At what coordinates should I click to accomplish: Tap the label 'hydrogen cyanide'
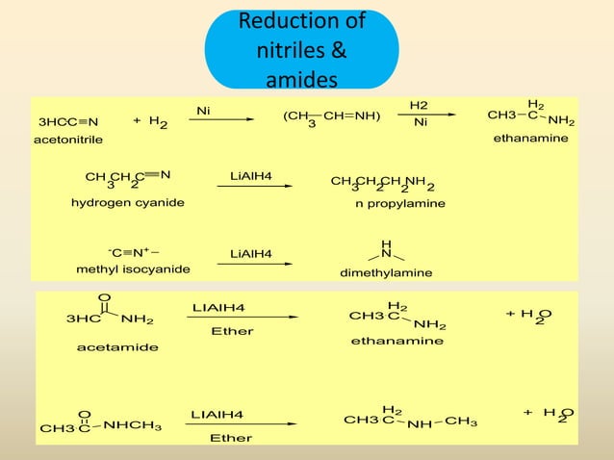tap(128, 203)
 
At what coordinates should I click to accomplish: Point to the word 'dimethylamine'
tap(386, 272)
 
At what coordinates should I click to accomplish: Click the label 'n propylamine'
tap(400, 204)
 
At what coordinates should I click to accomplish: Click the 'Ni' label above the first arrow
tap(203, 111)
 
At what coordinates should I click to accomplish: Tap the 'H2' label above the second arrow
tap(420, 104)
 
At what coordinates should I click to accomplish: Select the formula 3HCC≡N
tap(68, 122)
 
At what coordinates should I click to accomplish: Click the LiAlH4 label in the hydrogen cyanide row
tap(251, 176)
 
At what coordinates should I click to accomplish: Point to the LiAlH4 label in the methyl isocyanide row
tap(251, 254)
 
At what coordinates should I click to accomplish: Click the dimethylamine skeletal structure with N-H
tap(386, 252)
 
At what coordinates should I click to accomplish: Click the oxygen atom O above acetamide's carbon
tap(104, 297)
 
